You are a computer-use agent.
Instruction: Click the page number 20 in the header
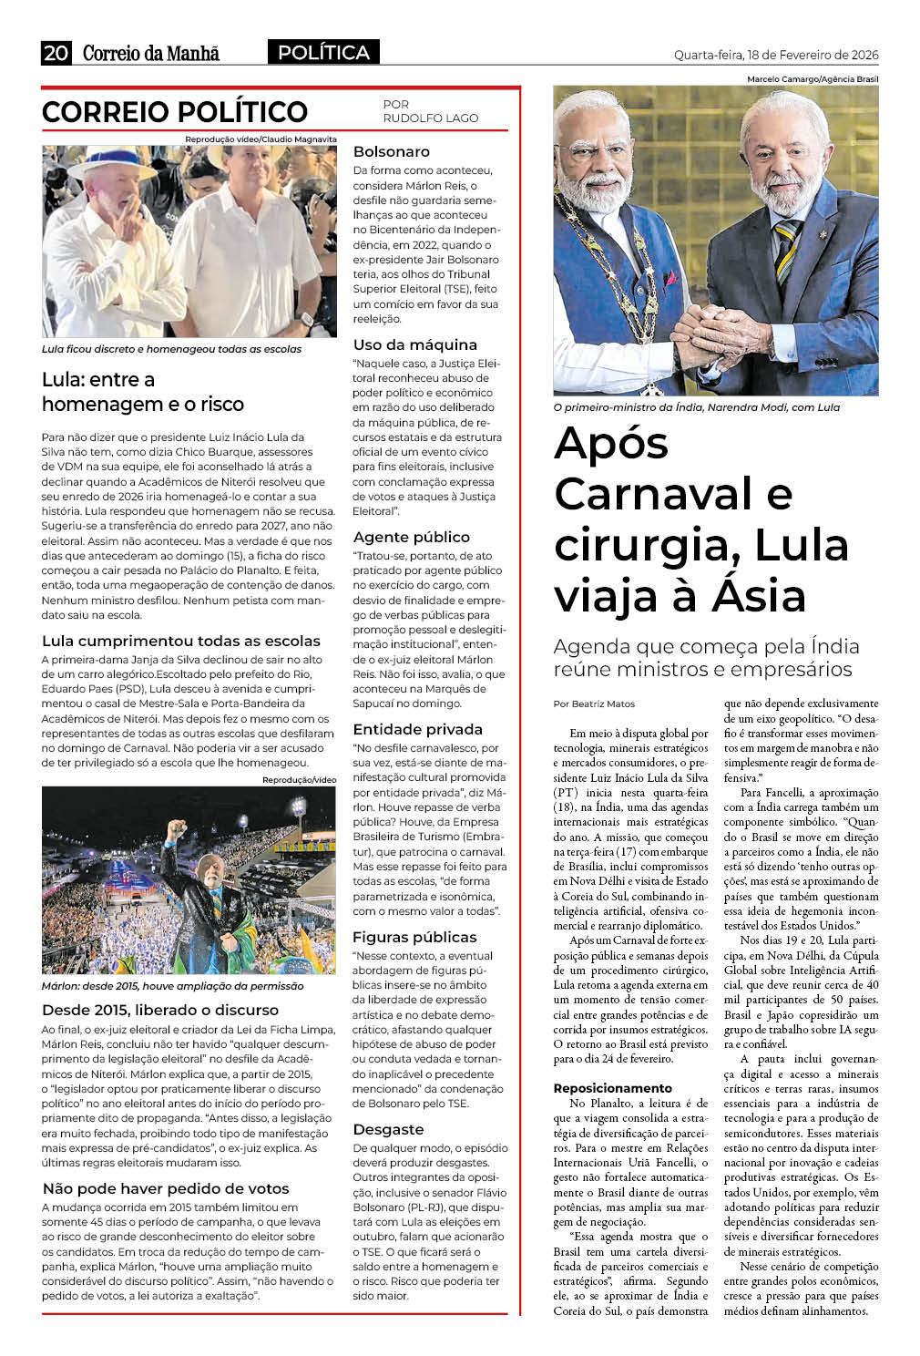pyautogui.click(x=56, y=53)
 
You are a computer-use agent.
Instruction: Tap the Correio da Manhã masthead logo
pyautogui.click(x=151, y=53)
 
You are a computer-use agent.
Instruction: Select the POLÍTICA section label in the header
pyautogui.click(x=323, y=53)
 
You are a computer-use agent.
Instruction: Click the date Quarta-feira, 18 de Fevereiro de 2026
pyautogui.click(x=776, y=55)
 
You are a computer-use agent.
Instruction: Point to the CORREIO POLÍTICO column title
pyautogui.click(x=175, y=112)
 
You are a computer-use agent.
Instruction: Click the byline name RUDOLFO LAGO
pyautogui.click(x=430, y=118)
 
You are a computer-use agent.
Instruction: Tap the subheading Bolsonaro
pyautogui.click(x=391, y=151)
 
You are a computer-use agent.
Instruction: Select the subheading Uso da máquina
pyautogui.click(x=414, y=344)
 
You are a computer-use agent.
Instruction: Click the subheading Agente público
pyautogui.click(x=411, y=537)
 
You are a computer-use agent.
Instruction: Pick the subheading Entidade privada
pyautogui.click(x=417, y=729)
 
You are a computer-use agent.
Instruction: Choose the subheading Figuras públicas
pyautogui.click(x=414, y=937)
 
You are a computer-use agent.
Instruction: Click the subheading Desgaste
pyautogui.click(x=388, y=1129)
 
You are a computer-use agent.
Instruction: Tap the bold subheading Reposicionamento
pyautogui.click(x=612, y=1088)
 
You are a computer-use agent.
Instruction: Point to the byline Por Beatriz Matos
pyautogui.click(x=594, y=704)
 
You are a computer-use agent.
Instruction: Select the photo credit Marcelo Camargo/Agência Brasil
pyautogui.click(x=813, y=79)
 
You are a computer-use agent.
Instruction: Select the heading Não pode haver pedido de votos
pyautogui.click(x=166, y=1188)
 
